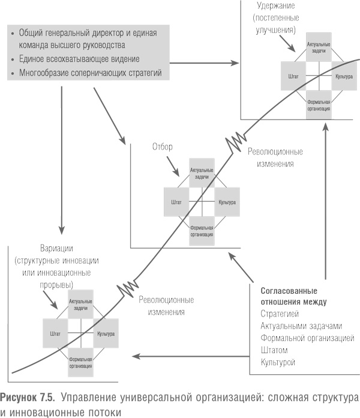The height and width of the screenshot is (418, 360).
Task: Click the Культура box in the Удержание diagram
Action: (x=344, y=77)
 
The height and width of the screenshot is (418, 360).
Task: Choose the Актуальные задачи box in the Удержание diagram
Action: (x=319, y=49)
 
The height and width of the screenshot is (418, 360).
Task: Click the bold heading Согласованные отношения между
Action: (x=293, y=295)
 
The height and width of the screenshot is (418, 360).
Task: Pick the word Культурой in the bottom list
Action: (x=278, y=363)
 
